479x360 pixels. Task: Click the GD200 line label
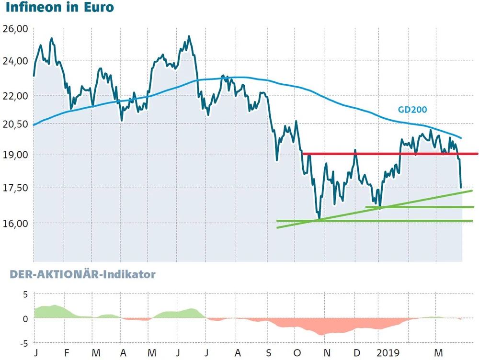[x=412, y=110]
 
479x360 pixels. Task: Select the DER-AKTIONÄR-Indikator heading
[x=80, y=274]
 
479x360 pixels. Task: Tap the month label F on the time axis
[x=67, y=352]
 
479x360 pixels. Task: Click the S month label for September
[x=269, y=352]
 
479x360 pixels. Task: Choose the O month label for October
[x=297, y=352]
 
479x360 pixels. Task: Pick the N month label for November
[x=327, y=352]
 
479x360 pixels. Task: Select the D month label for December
[x=356, y=352]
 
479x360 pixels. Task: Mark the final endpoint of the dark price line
[x=461, y=187]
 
